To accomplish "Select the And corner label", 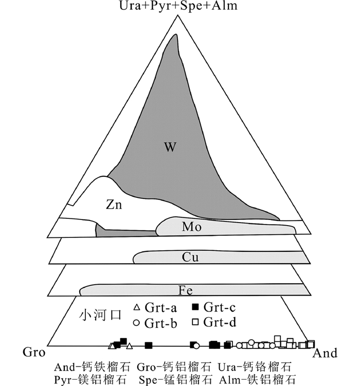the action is (326, 353).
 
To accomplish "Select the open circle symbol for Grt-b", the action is (137, 323).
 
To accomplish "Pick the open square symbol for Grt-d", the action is (195, 323).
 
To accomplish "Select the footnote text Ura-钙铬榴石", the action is (255, 367).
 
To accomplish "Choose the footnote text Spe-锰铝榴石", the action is (175, 380).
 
